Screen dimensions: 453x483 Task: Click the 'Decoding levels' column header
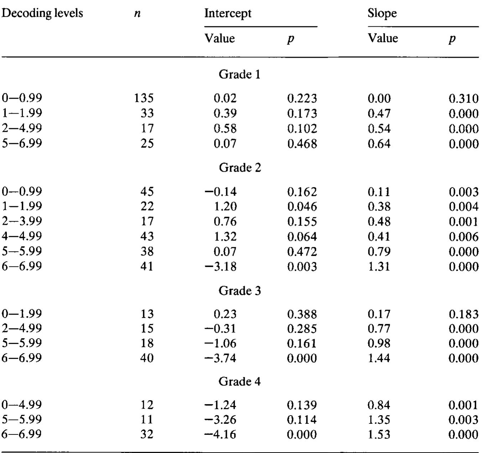tap(42, 14)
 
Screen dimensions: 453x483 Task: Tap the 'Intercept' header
tap(228, 14)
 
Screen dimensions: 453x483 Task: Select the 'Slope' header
tap(382, 14)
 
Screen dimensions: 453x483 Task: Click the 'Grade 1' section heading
tap(239, 74)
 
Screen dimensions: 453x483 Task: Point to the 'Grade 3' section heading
tap(239, 291)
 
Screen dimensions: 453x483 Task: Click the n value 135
tap(144, 98)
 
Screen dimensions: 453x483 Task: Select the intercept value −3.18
tap(220, 266)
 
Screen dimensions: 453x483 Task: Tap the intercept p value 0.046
tap(302, 207)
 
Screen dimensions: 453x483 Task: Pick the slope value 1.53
tap(379, 434)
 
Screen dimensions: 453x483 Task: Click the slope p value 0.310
tap(463, 98)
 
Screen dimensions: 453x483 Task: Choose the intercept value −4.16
tap(220, 434)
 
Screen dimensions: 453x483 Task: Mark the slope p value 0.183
tap(463, 314)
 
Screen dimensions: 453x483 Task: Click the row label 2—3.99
tap(22, 221)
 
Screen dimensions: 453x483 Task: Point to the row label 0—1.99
tap(22, 314)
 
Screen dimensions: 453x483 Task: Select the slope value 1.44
tap(379, 358)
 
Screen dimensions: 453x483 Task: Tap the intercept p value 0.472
tap(302, 252)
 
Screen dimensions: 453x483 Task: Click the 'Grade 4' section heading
tap(239, 382)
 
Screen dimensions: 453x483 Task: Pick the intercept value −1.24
tap(220, 405)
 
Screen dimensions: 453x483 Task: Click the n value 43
tap(147, 236)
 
